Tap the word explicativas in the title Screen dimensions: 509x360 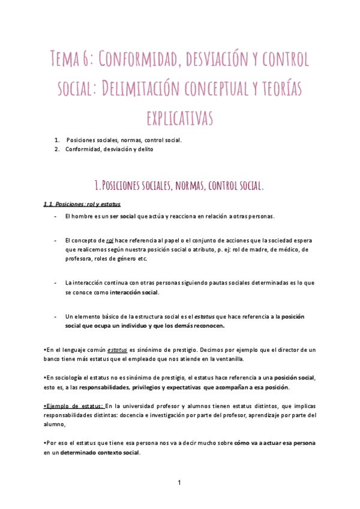(180, 116)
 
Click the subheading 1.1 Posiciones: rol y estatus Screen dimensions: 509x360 (82, 204)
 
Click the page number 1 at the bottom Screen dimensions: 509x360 (179, 482)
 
